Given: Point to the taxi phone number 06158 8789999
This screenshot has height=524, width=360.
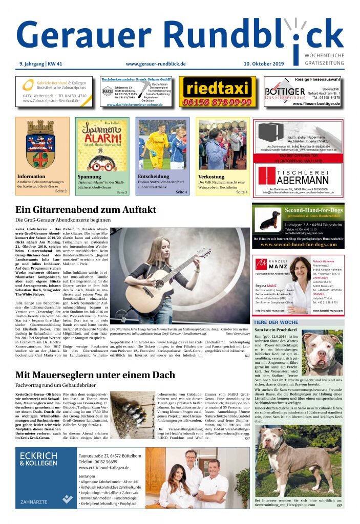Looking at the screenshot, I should [x=218, y=102].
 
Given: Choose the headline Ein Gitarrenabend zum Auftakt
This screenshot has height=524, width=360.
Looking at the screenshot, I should [x=86, y=210].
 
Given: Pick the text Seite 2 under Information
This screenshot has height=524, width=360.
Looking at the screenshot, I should [x=61, y=191].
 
